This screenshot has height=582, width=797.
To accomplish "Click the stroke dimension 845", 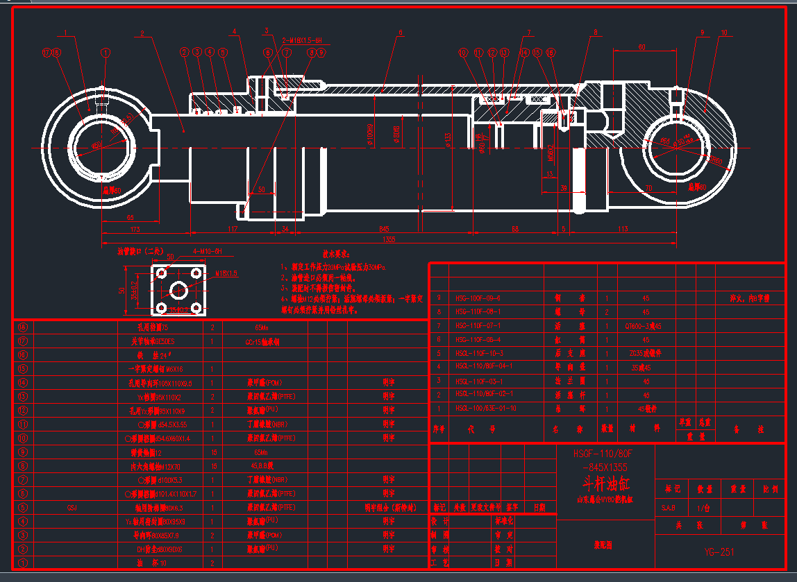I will [x=384, y=228].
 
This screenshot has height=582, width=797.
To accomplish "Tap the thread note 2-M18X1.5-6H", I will [x=303, y=40].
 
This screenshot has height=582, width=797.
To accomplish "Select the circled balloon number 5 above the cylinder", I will [x=223, y=52].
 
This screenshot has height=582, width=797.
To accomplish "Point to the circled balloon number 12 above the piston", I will [x=492, y=52].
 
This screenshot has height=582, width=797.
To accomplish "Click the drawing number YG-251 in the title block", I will [x=719, y=552].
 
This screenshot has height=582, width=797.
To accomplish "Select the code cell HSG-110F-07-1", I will [x=478, y=325].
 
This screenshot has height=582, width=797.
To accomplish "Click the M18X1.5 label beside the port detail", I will [x=226, y=274].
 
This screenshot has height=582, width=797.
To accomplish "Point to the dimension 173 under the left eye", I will [x=135, y=228].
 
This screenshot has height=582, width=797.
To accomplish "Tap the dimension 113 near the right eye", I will [x=623, y=228].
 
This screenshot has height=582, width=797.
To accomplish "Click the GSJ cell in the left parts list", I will [x=72, y=508].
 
